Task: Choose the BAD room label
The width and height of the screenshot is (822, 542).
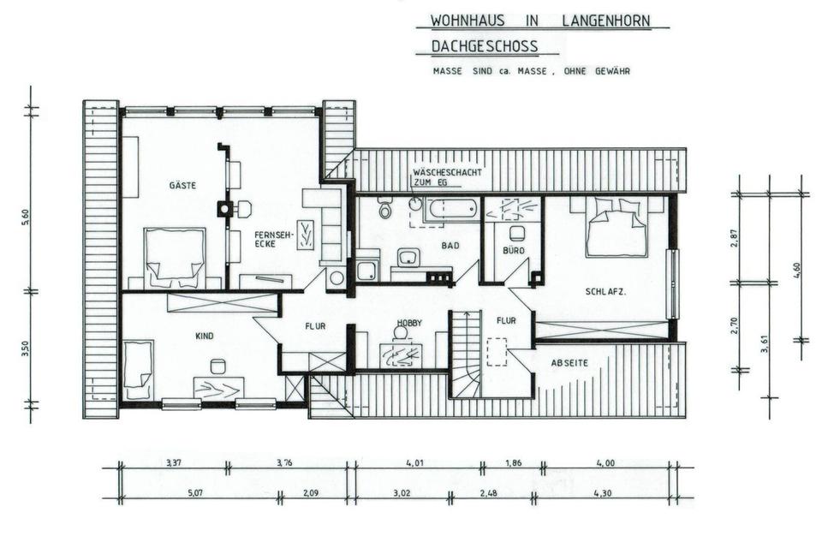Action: click(x=450, y=245)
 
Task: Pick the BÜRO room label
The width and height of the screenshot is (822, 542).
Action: click(x=514, y=252)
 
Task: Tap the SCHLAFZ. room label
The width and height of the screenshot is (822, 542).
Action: click(x=605, y=292)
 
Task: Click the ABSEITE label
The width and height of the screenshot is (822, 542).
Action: click(x=569, y=363)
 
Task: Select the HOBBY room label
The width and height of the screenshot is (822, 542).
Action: click(x=409, y=323)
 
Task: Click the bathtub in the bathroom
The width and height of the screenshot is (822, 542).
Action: click(x=451, y=208)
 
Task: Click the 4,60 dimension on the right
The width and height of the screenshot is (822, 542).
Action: click(x=797, y=266)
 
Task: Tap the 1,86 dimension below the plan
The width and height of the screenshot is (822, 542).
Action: click(x=512, y=463)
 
